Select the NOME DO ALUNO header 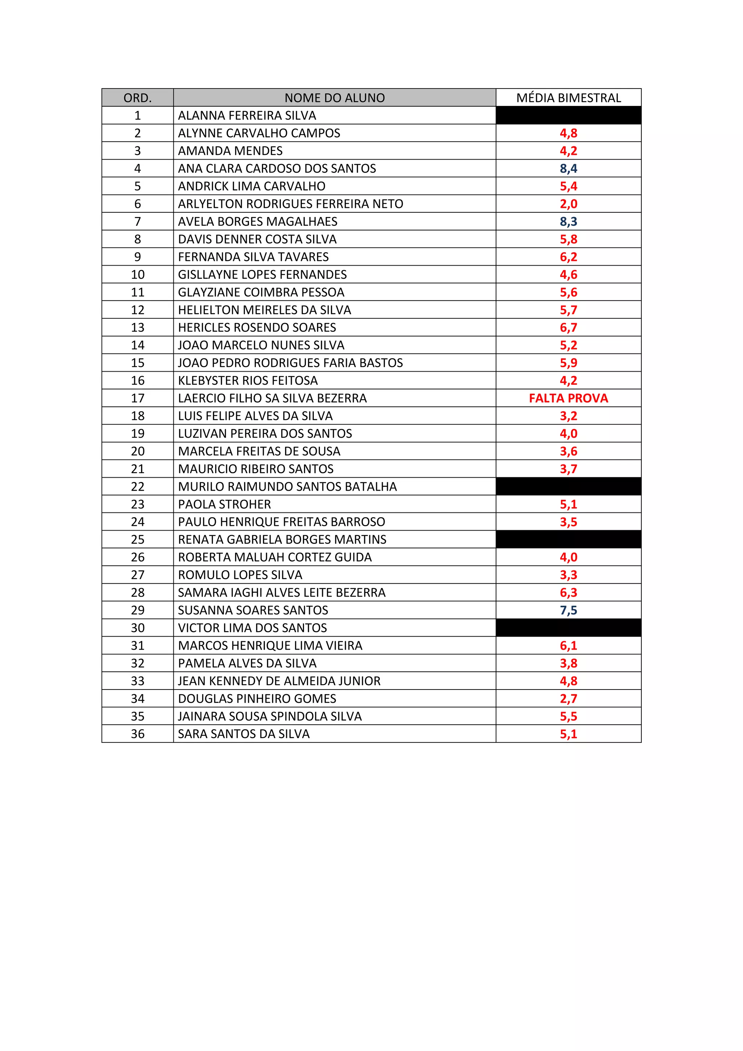tap(334, 98)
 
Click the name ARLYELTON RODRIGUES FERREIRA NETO tap(291, 204)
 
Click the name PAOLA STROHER tap(224, 504)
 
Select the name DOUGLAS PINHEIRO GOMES tap(257, 699)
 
